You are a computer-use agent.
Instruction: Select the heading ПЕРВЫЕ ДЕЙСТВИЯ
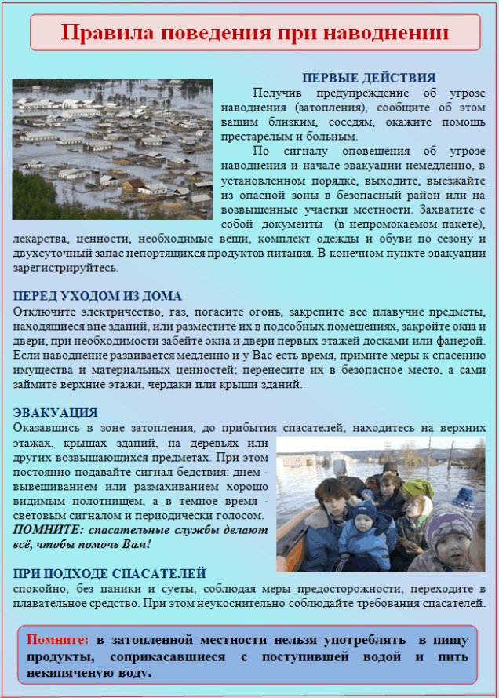tap(369, 78)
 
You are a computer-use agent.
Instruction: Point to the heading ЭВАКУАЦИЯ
tap(56, 413)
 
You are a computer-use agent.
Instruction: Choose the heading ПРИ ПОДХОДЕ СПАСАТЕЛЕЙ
tap(110, 574)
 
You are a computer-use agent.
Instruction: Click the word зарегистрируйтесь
tap(65, 268)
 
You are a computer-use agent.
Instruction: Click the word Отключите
tap(44, 312)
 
